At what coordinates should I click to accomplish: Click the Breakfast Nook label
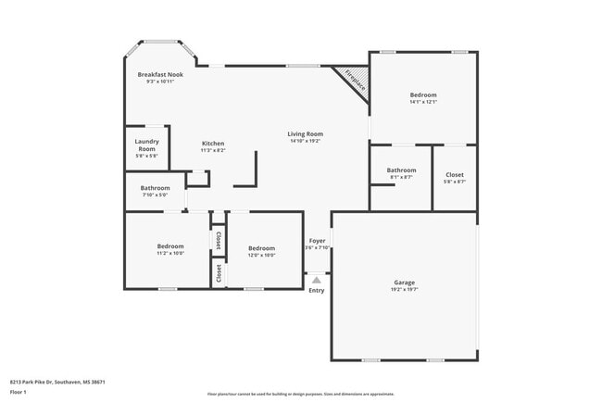tap(160, 74)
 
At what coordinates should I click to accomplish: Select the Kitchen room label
tap(213, 144)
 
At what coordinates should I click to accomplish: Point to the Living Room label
tap(305, 134)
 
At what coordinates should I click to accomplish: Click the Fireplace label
tap(355, 81)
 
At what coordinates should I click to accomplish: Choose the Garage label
tap(404, 283)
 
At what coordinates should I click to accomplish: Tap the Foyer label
tap(317, 241)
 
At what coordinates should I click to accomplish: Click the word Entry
tap(317, 290)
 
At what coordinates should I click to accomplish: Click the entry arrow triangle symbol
tap(317, 279)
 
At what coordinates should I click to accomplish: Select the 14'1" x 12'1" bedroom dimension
tap(423, 102)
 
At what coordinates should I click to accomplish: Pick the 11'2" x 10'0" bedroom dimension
tap(169, 253)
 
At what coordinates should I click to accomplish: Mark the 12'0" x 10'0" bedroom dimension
tap(261, 255)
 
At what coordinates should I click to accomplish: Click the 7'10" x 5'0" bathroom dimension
tap(155, 195)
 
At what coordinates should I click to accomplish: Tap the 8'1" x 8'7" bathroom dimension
tap(401, 177)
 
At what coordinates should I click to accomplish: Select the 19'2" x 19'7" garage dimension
tap(404, 289)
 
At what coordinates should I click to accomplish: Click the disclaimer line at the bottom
tap(300, 395)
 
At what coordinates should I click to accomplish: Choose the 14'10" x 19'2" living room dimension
tap(305, 141)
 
